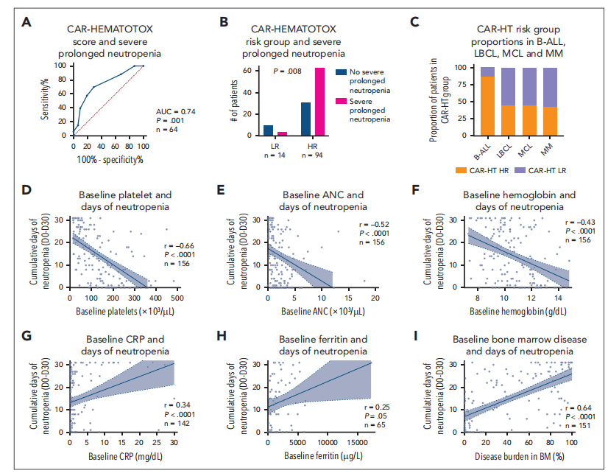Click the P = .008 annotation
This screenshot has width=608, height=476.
(289, 71)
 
